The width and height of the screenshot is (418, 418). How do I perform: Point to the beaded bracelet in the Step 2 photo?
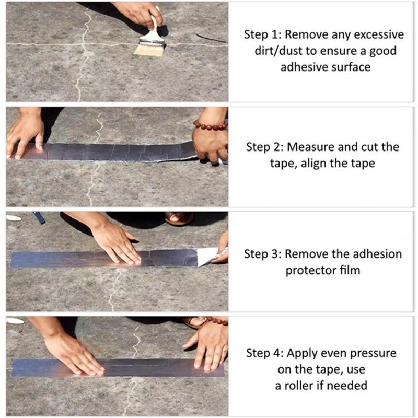coord(210,125)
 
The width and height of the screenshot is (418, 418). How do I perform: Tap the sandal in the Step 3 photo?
coord(179,218)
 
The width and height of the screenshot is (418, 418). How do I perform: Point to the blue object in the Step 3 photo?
coord(39,217)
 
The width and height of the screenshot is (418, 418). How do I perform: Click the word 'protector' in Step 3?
coord(310,270)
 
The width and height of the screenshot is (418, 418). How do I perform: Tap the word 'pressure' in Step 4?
coord(373,353)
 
